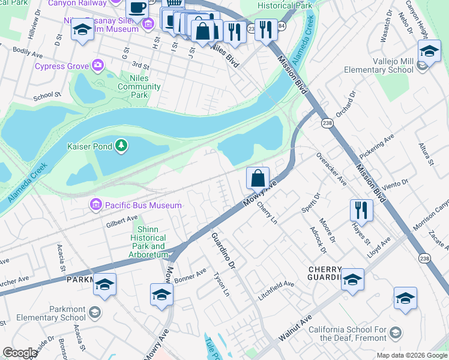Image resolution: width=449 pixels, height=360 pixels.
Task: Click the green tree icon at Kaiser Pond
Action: (121, 145)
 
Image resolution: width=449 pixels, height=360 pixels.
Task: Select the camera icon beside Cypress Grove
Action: (97, 65)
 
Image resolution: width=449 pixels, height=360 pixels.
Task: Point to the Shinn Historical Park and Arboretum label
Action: (148, 242)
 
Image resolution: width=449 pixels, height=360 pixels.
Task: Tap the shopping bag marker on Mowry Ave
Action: (258, 178)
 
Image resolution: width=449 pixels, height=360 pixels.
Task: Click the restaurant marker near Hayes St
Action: (361, 210)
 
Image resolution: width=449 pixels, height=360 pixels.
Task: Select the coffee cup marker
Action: (137, 8)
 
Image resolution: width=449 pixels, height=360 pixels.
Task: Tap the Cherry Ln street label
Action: (267, 214)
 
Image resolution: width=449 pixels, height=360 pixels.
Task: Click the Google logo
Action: (19, 353)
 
